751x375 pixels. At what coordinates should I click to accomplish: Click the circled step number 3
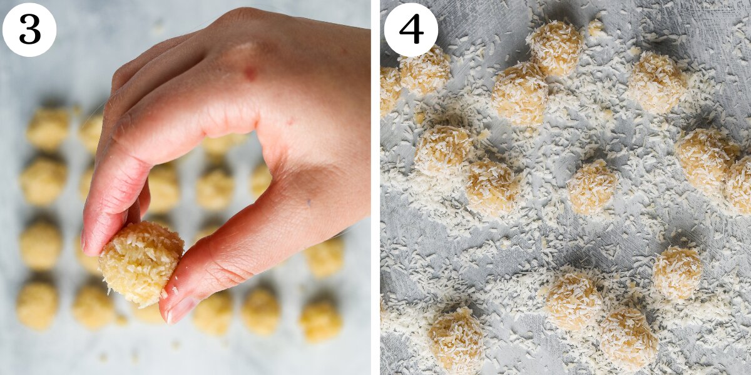tap(29, 29)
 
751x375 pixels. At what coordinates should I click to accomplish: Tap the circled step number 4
tap(411, 29)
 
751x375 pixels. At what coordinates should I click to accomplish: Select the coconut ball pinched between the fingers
tap(140, 262)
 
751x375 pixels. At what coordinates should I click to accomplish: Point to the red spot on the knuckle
tap(250, 73)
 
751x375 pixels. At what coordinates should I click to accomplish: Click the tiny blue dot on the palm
tap(308, 202)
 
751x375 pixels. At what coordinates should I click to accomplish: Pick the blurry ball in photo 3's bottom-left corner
tap(36, 304)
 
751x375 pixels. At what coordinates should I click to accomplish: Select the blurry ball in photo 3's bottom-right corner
tap(320, 319)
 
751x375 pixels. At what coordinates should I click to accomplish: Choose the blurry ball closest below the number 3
tap(48, 129)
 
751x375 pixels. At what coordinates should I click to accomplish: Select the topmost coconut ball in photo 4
tap(555, 47)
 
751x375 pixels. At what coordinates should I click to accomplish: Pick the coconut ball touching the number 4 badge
tap(426, 70)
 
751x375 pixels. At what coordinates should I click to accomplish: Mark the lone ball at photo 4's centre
tap(591, 186)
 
